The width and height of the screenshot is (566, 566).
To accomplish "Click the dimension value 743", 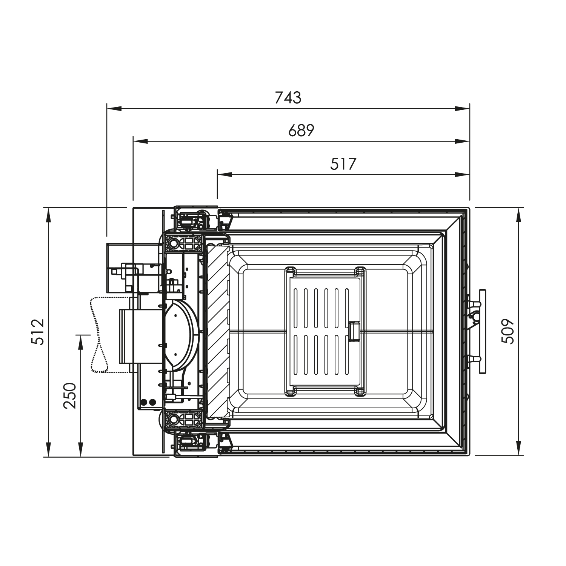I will [288, 98].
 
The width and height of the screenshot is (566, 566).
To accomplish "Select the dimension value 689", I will [301, 131].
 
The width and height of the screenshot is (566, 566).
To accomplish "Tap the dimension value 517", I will [343, 164].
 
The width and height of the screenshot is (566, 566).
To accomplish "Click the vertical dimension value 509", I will [508, 332].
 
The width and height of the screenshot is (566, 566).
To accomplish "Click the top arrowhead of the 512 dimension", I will [49, 215].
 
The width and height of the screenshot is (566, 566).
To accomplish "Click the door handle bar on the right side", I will [482, 331].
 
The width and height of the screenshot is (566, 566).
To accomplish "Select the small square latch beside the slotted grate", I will [354, 331].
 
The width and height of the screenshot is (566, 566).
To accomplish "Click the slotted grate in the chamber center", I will [325, 331].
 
